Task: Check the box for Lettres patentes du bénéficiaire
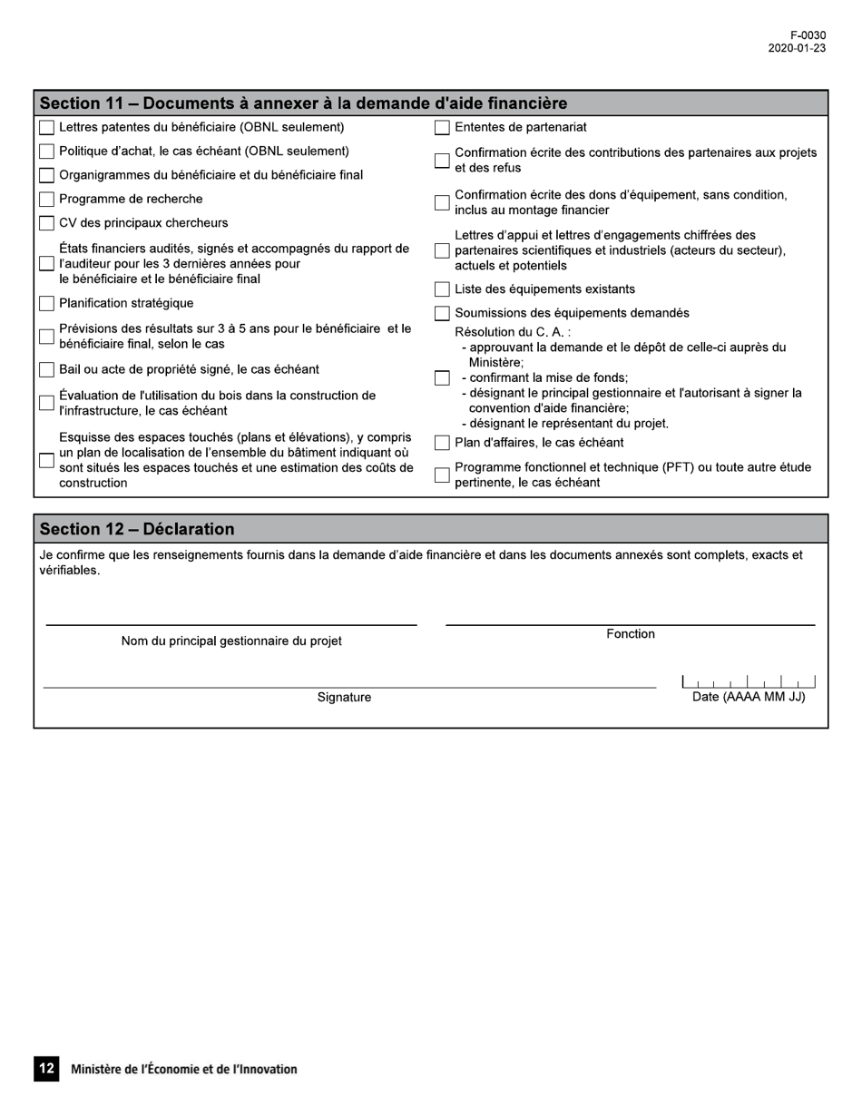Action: click(x=46, y=128)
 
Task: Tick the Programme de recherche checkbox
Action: click(x=46, y=200)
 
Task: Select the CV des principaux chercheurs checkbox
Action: click(x=46, y=223)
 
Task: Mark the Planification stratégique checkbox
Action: click(x=46, y=304)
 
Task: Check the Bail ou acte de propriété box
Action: click(x=46, y=370)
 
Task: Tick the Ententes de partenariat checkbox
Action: click(x=442, y=128)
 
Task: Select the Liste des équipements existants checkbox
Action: click(x=442, y=289)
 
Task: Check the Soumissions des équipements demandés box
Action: click(x=442, y=314)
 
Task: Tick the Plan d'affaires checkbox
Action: click(x=442, y=444)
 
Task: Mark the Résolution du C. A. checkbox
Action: click(x=442, y=378)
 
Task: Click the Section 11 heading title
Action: click(x=303, y=103)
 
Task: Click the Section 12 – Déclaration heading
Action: click(x=137, y=529)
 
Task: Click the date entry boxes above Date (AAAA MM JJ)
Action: click(x=748, y=681)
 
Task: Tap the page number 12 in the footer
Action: click(x=46, y=1069)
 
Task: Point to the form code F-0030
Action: click(x=808, y=36)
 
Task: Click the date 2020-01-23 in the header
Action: click(x=797, y=49)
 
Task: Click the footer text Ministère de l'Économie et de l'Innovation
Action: click(x=184, y=1070)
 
